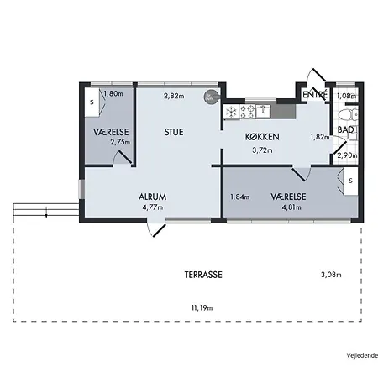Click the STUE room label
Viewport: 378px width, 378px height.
[175, 132]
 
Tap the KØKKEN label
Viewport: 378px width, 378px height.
[262, 138]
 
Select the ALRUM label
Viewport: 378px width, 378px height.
[153, 197]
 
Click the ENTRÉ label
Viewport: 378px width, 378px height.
[314, 95]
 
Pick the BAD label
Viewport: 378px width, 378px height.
[345, 129]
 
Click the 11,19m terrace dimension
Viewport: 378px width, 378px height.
[202, 308]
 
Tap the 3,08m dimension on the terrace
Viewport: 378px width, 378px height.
[333, 275]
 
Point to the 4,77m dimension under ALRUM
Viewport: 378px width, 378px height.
[153, 207]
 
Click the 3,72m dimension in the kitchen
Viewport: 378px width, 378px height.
[263, 150]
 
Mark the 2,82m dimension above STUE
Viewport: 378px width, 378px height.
[173, 95]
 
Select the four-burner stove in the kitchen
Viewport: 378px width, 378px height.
[248, 110]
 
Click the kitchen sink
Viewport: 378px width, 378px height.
[267, 110]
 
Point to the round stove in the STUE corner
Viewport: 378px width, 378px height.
[210, 97]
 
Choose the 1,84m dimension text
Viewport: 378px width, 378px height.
[240, 197]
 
